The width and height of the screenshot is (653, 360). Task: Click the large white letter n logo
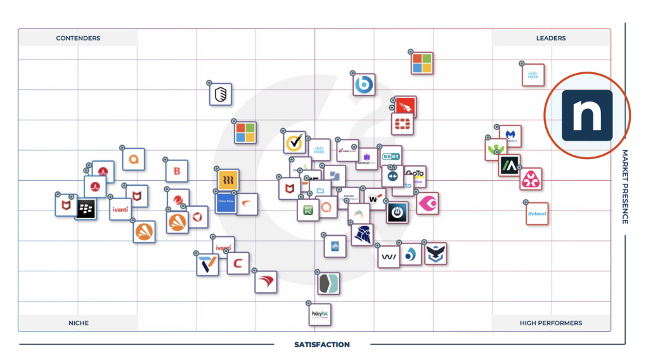587,115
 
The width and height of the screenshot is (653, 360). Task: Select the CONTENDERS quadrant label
78,38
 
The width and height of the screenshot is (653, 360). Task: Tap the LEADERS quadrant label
551,38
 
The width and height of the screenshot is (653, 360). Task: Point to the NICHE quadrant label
79,323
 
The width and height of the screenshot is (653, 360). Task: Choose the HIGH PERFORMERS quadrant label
550,323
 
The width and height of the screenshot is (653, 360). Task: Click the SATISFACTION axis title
321,345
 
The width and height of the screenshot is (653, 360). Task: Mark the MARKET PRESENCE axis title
624,186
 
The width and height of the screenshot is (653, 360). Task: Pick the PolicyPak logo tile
320,314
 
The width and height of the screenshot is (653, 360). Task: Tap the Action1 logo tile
537,214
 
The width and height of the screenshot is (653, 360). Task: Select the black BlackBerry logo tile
86,209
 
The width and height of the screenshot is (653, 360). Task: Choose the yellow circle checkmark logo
294,143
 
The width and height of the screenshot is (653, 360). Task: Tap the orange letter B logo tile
177,170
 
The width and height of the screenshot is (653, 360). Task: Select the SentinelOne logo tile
367,159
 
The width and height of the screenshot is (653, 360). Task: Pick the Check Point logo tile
347,151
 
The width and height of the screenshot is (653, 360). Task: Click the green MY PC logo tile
308,209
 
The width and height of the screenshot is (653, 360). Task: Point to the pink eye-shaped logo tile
427,203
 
